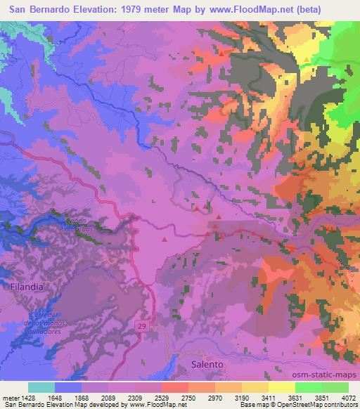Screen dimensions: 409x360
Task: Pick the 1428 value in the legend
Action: tap(27, 397)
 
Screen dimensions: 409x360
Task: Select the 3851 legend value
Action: tap(322, 397)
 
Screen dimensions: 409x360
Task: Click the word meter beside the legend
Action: tap(9, 397)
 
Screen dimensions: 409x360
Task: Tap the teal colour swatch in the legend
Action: tap(41, 387)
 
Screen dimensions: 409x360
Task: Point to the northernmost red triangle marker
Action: tap(222, 53)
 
